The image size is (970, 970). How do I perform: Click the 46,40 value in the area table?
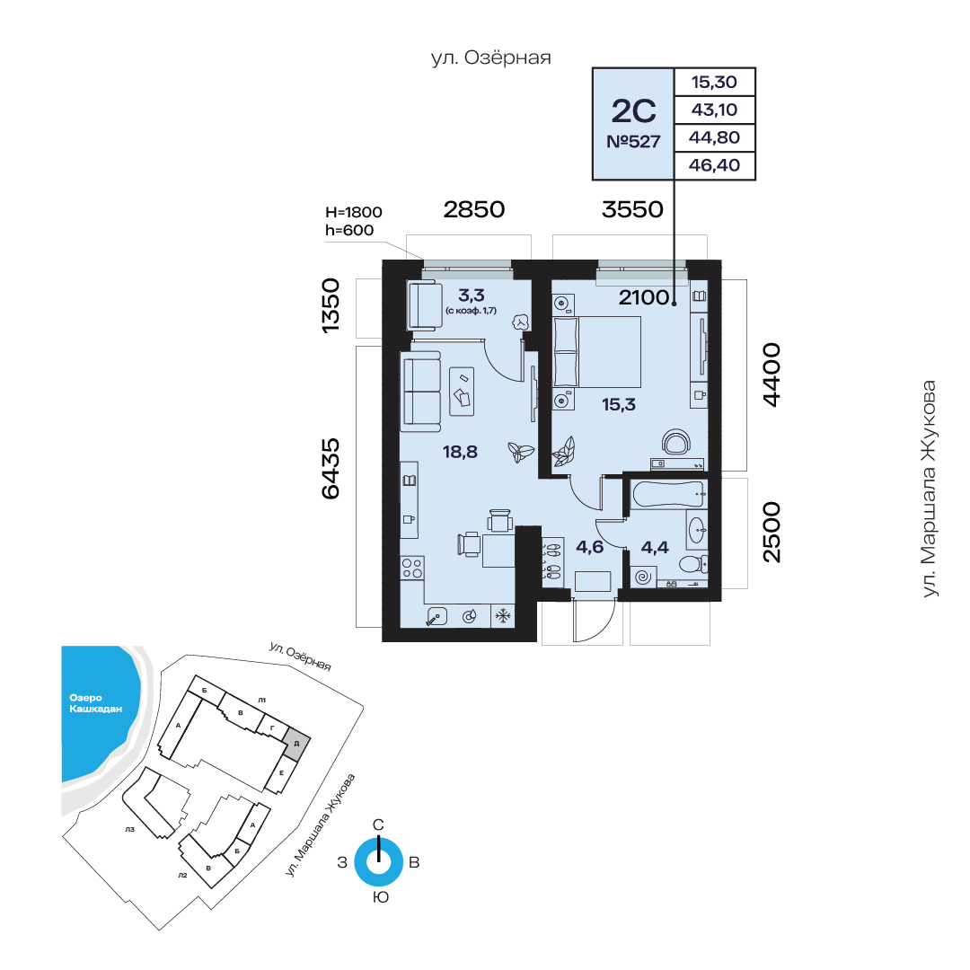click(714, 165)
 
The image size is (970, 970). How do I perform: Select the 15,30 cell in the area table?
click(714, 83)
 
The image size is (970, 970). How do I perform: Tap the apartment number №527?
click(633, 142)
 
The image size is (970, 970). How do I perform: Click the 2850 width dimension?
click(474, 209)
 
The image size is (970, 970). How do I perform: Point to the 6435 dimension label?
click(331, 468)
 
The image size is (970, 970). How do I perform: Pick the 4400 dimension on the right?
click(772, 375)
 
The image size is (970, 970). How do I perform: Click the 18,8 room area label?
click(460, 452)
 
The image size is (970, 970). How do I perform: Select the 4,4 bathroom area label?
click(655, 548)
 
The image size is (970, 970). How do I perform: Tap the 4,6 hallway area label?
click(589, 547)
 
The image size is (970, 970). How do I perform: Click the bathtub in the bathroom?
click(669, 494)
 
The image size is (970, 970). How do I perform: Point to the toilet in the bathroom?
click(692, 563)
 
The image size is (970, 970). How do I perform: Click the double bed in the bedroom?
click(597, 352)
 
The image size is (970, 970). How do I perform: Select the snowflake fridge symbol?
click(503, 615)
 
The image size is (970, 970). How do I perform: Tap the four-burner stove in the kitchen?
click(412, 568)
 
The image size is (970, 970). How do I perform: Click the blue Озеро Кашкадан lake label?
click(95, 703)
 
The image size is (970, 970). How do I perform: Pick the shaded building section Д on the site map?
click(297, 743)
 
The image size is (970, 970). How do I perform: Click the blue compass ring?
click(379, 861)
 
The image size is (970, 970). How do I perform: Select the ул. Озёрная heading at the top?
click(490, 57)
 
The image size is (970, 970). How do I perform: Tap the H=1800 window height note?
click(353, 212)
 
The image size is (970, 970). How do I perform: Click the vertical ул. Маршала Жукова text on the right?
click(930, 489)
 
